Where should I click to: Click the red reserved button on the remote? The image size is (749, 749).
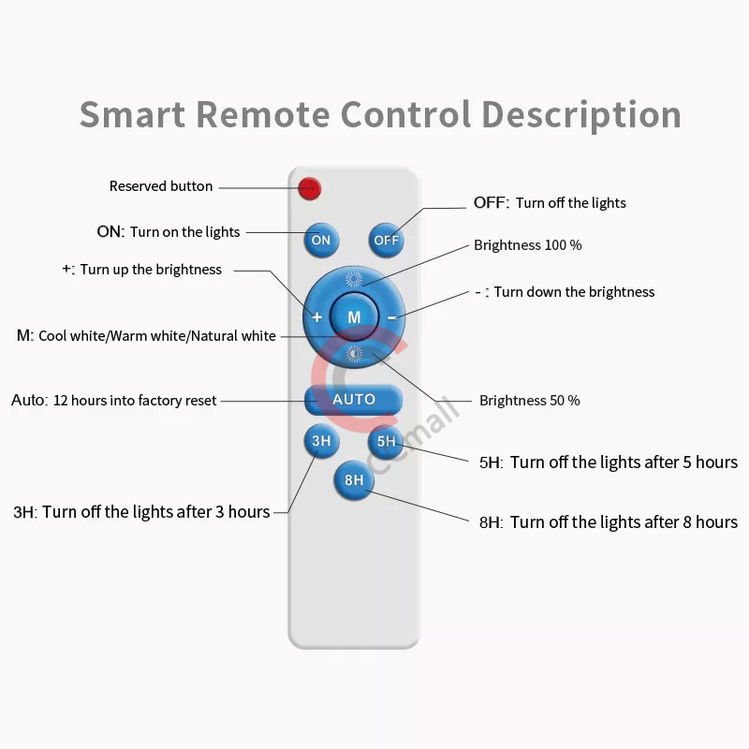(x=310, y=188)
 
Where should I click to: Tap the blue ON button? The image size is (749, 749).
(x=321, y=240)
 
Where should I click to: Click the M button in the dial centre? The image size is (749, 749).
(x=354, y=317)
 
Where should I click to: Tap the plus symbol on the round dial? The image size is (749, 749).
(x=317, y=317)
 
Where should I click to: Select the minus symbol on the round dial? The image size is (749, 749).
(x=391, y=317)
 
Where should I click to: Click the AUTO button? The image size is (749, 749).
(x=354, y=400)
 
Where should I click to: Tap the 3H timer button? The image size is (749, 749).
(x=321, y=441)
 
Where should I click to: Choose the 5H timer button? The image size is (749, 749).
(x=386, y=441)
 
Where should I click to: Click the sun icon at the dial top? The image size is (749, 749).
(x=354, y=279)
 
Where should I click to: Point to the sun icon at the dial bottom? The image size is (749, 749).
(x=354, y=354)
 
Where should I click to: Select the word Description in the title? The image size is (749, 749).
(x=580, y=114)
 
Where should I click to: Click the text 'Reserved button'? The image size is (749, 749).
(x=161, y=186)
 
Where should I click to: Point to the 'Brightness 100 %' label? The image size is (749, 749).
(x=528, y=245)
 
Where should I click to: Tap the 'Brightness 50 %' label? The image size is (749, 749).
(x=530, y=401)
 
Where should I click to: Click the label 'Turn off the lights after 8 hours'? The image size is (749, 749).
(x=624, y=522)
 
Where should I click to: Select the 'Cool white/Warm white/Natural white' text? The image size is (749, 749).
(x=157, y=335)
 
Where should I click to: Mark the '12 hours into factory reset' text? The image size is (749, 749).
(x=135, y=401)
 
